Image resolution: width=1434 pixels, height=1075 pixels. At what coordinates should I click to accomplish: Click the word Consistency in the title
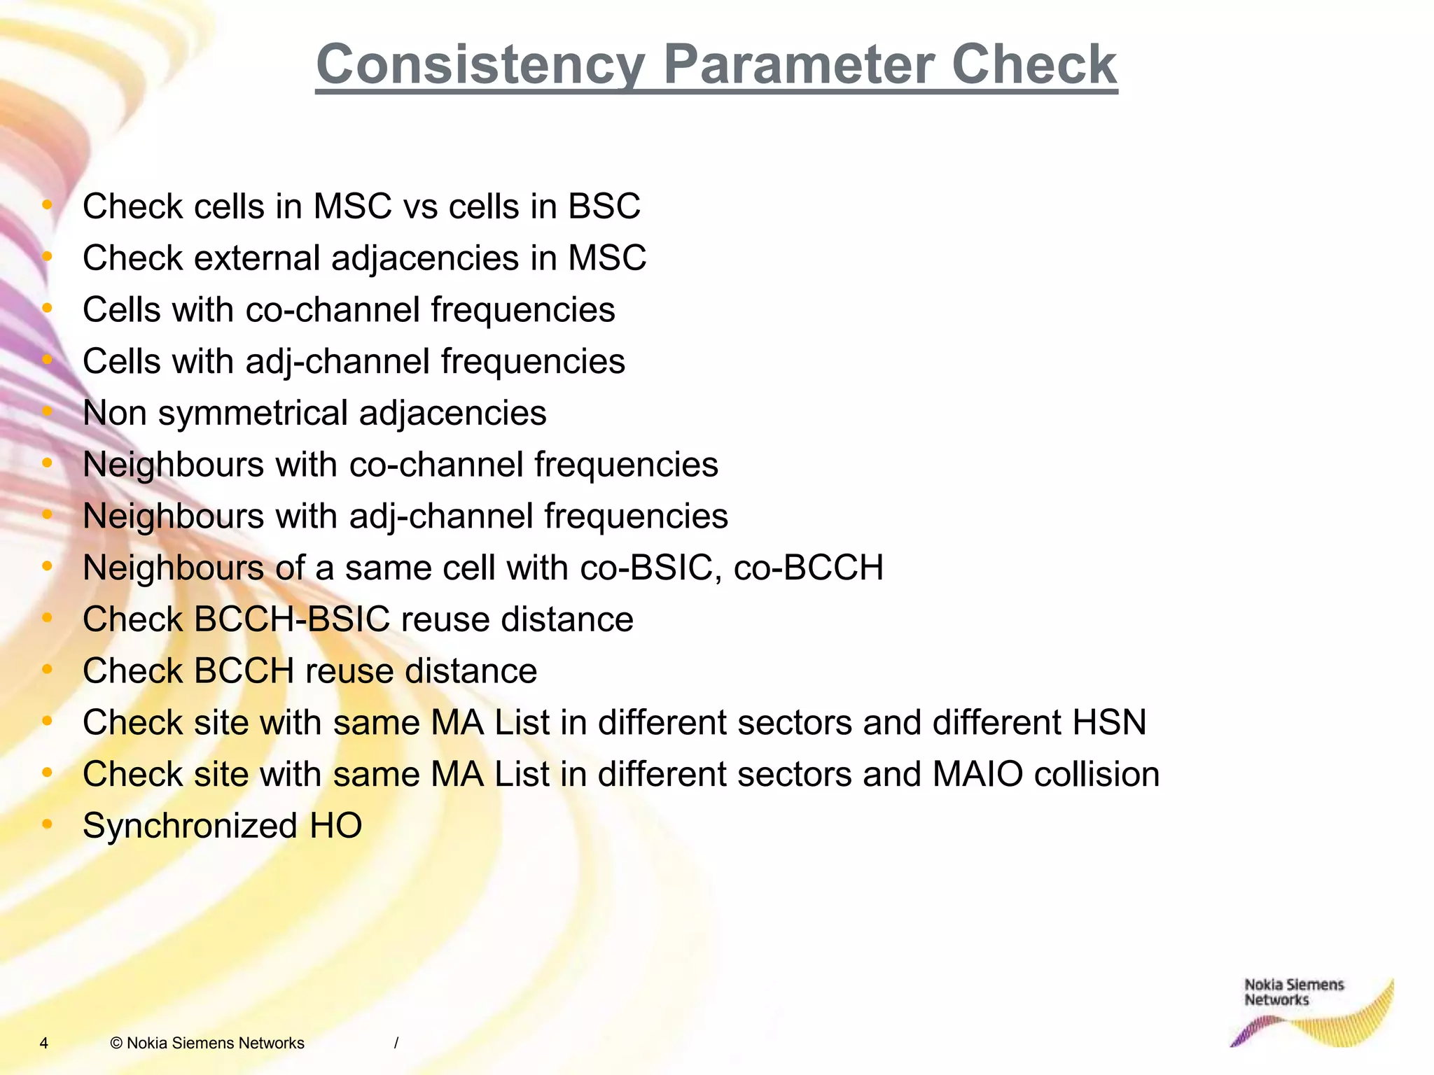click(480, 65)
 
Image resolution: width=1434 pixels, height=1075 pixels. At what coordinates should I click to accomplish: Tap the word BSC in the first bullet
click(604, 206)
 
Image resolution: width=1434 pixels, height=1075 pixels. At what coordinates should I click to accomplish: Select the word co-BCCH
click(809, 568)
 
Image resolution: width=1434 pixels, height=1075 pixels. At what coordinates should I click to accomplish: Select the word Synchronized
click(190, 826)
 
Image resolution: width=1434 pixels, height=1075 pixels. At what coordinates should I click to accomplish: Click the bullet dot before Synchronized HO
click(47, 824)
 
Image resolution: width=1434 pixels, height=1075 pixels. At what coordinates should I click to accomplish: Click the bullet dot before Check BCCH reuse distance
click(47, 669)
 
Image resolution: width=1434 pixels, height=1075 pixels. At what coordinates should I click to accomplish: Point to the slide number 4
click(43, 1044)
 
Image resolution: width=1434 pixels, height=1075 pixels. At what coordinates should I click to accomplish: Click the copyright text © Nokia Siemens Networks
click(207, 1044)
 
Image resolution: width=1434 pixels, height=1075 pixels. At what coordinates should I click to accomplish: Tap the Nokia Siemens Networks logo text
click(1293, 992)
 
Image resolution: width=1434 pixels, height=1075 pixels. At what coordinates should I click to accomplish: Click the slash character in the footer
click(396, 1044)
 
